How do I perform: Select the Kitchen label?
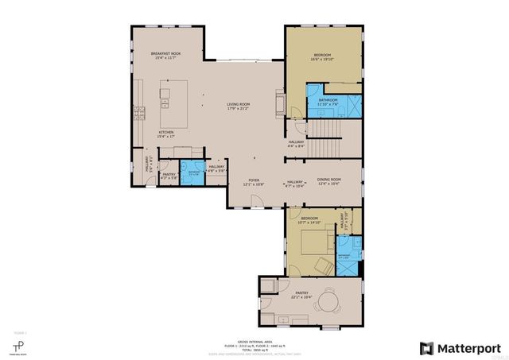click(x=166, y=134)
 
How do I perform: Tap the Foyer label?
click(x=254, y=182)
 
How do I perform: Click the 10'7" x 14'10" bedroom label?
click(x=309, y=219)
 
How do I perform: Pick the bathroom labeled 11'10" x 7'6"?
click(x=328, y=102)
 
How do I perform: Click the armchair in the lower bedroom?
click(x=324, y=265)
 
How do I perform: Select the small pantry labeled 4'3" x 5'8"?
click(x=169, y=176)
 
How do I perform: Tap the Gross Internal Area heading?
click(x=254, y=339)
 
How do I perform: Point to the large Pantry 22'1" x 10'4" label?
click(x=301, y=295)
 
